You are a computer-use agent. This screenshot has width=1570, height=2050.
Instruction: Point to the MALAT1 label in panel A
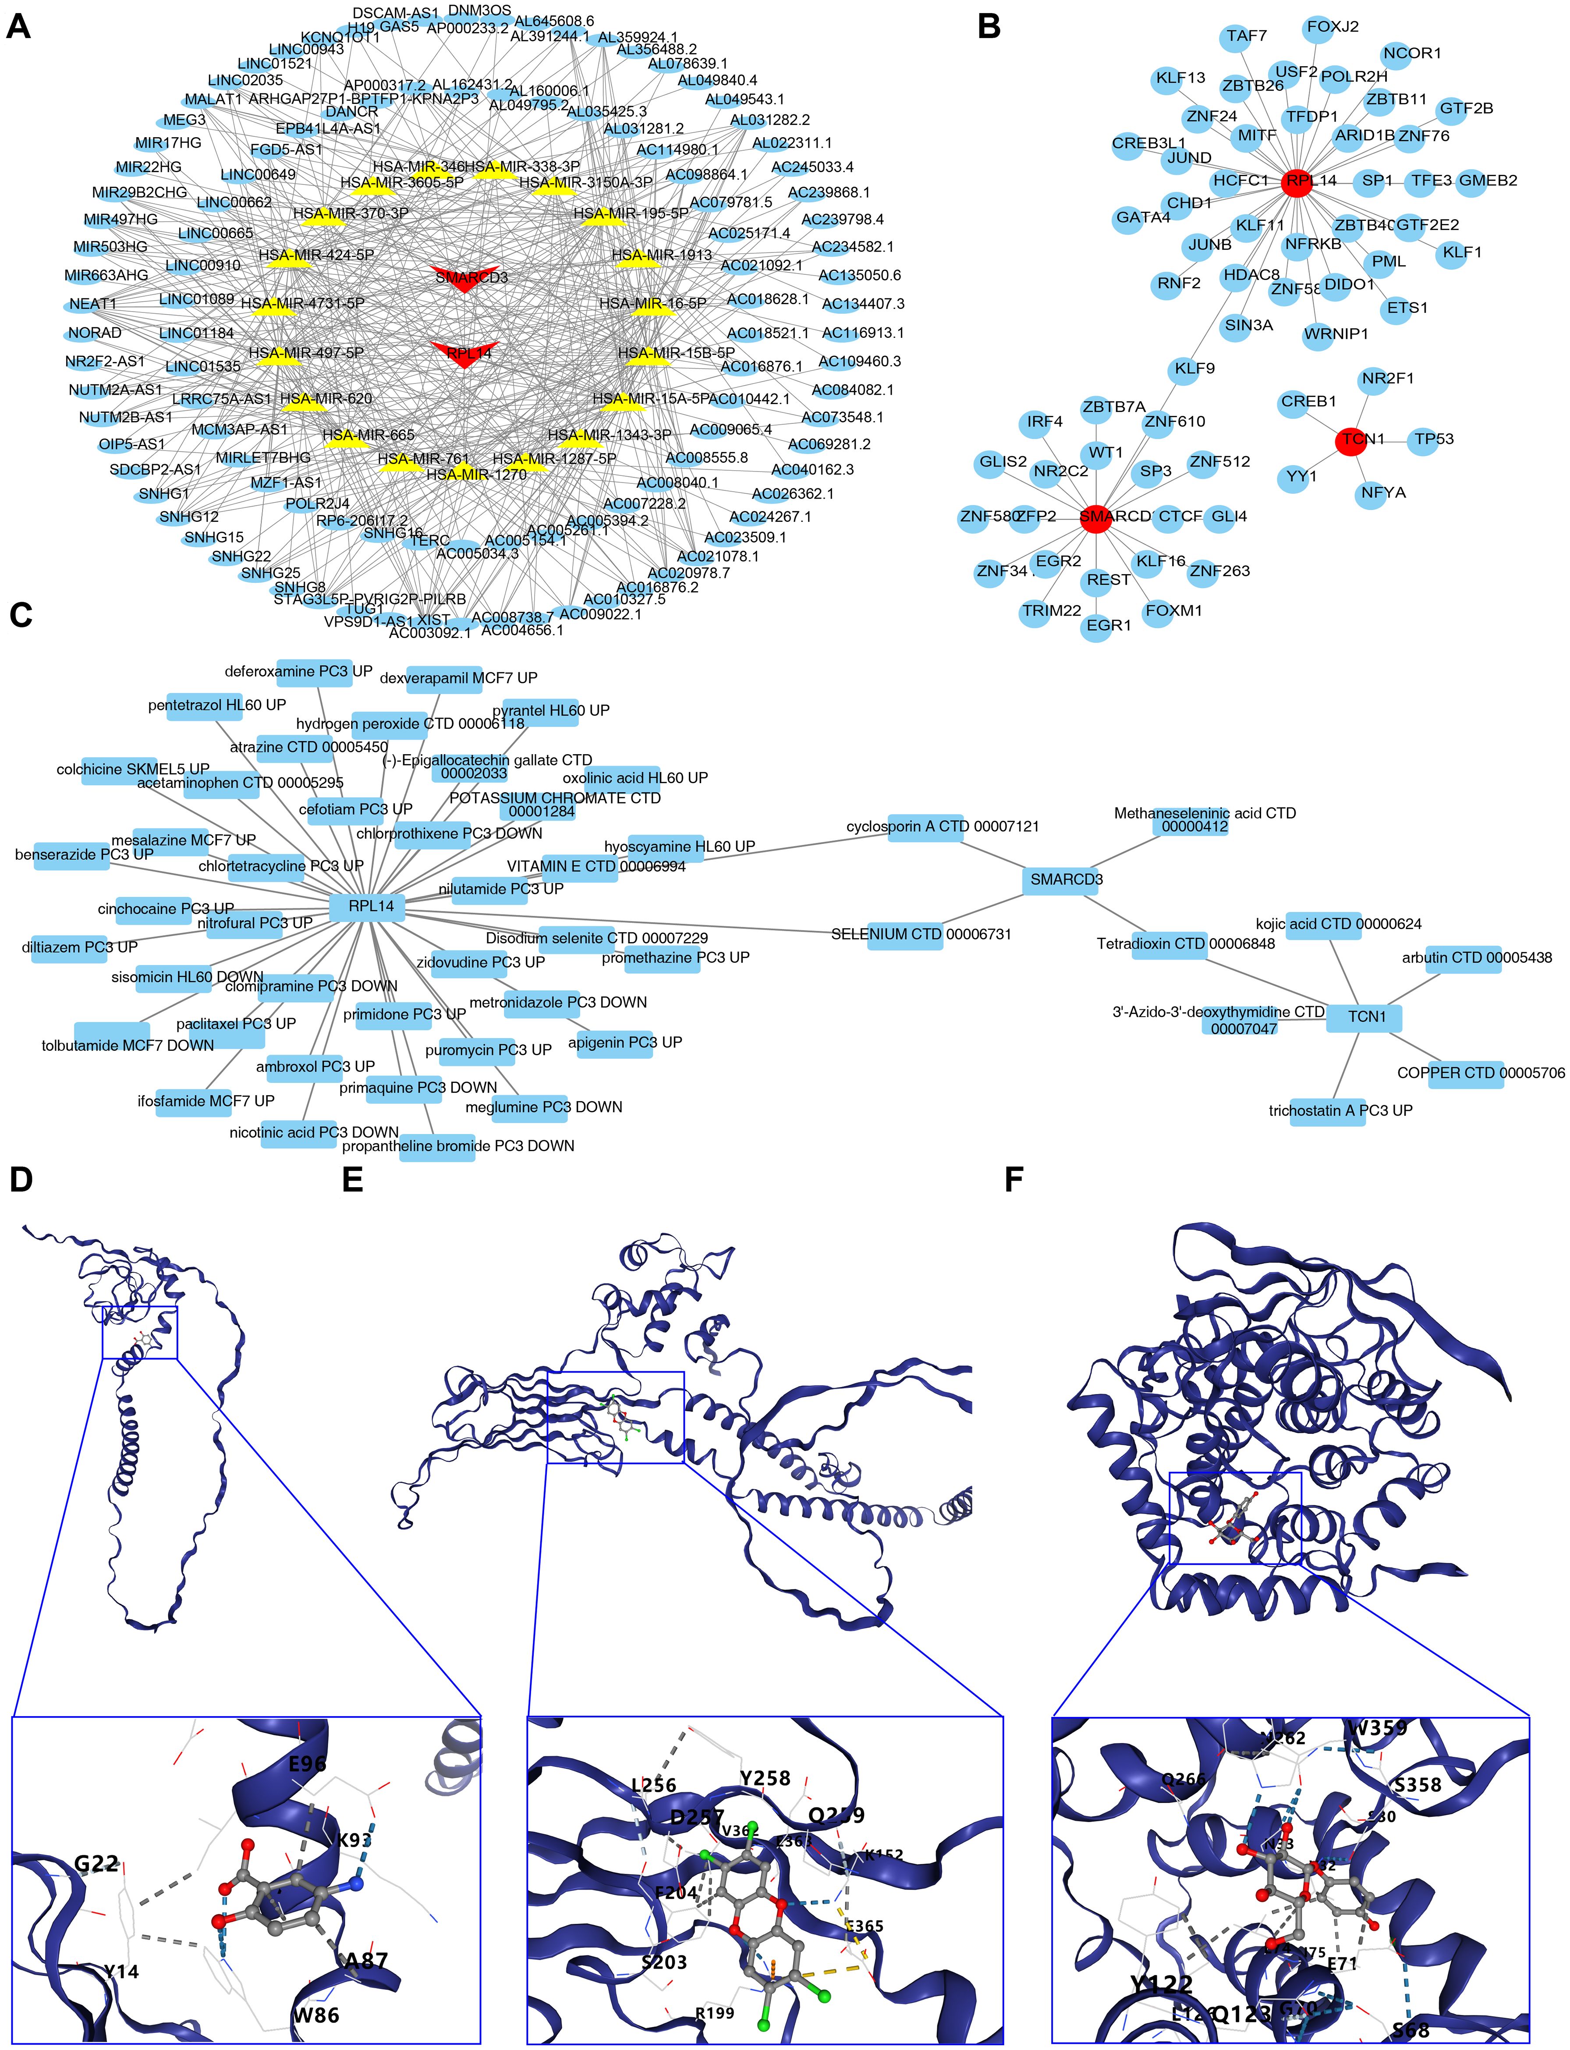point(213,99)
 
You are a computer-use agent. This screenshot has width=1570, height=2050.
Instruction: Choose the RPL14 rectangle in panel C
point(371,906)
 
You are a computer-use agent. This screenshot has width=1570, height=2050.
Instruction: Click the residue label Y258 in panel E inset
point(765,1778)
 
